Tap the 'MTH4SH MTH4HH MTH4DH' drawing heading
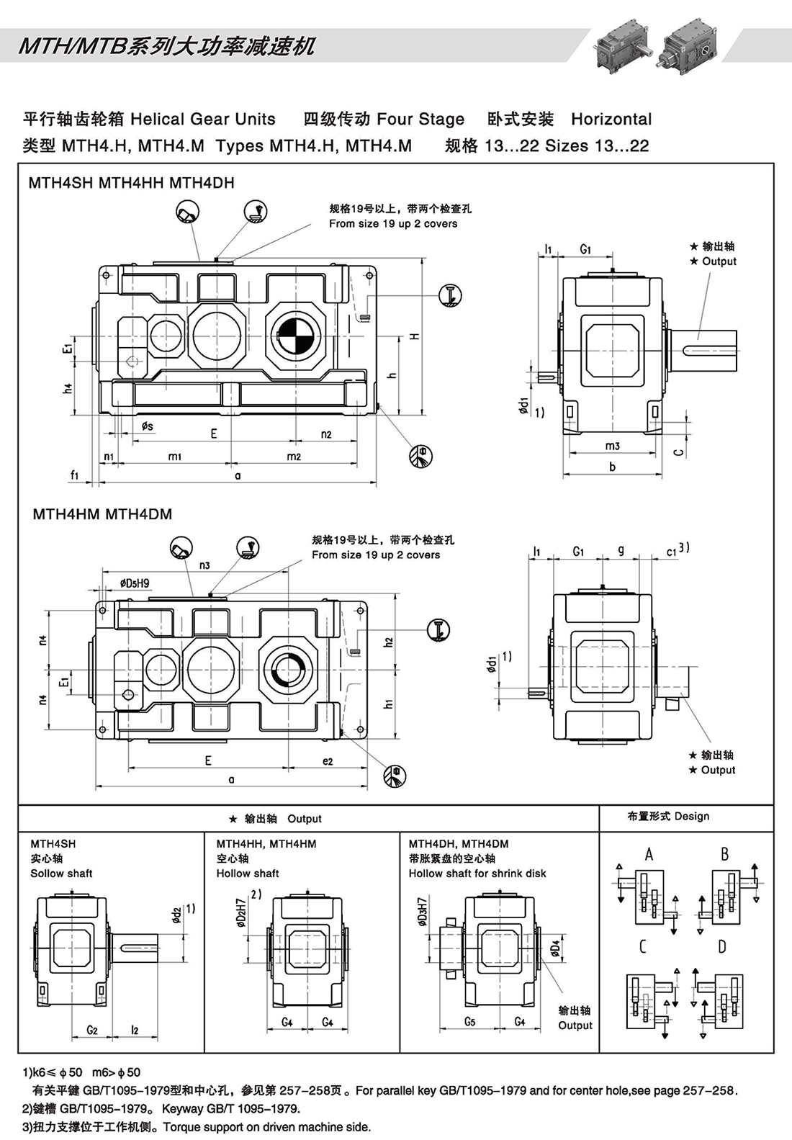131,183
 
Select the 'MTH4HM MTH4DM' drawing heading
102,514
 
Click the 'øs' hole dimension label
147,427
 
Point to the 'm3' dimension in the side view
612,446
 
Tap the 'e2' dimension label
328,761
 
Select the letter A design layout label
649,854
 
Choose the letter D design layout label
721,946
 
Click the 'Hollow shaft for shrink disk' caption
477,874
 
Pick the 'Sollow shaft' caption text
61,874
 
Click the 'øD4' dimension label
555,948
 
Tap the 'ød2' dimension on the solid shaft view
177,914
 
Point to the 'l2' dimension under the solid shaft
135,1030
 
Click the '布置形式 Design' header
668,816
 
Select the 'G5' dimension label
469,1022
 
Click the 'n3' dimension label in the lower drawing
204,565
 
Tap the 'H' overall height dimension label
415,336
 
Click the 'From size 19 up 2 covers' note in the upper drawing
393,224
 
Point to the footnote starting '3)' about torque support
196,1127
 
